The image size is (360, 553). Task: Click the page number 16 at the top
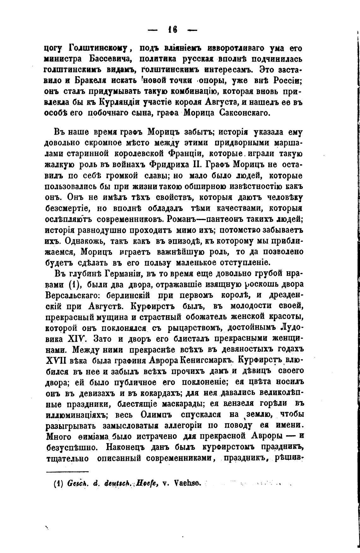[173, 30]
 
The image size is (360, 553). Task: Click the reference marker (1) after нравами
[76, 284]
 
